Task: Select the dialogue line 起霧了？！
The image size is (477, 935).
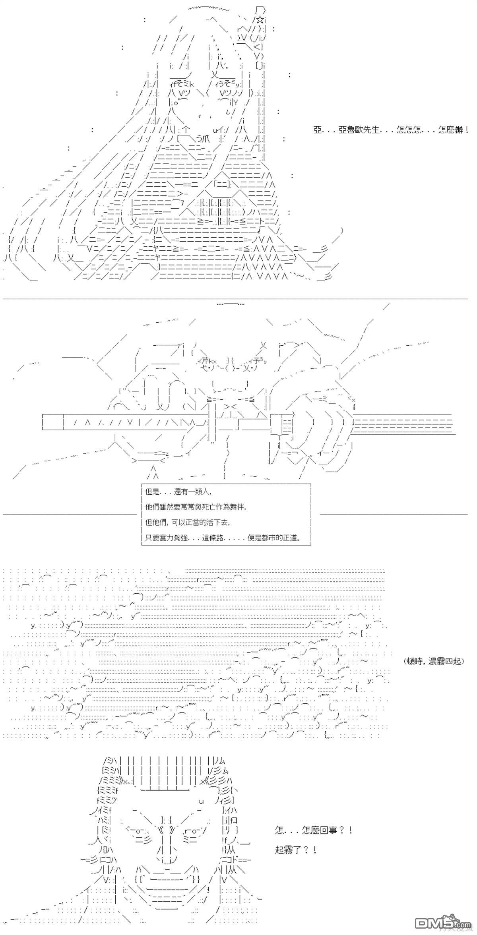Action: click(x=296, y=850)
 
